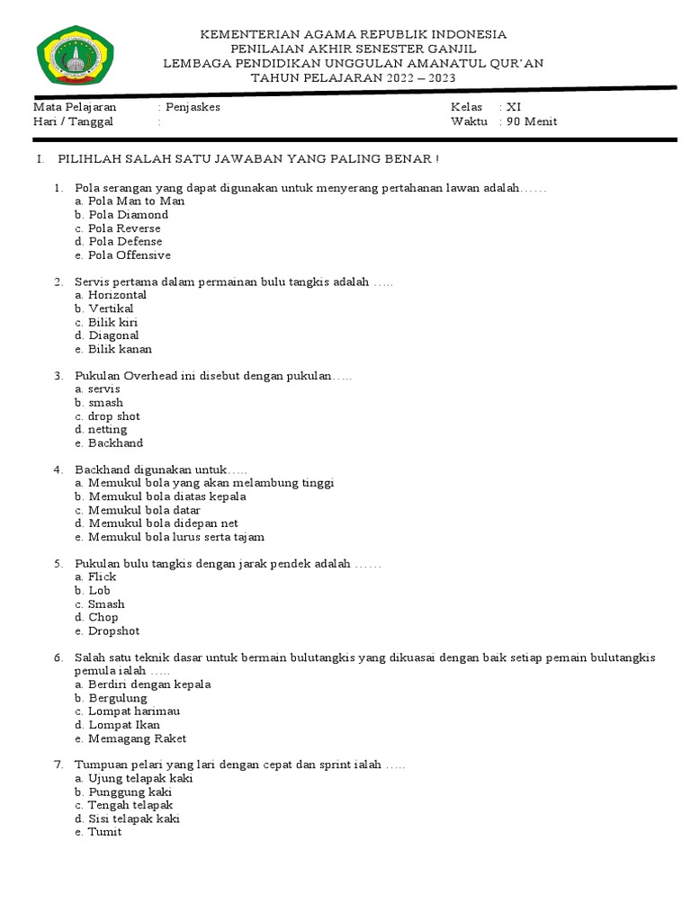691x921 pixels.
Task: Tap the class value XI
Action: [514, 107]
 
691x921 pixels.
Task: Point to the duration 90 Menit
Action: [531, 121]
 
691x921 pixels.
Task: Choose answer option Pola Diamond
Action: [128, 215]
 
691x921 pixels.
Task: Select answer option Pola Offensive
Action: [130, 255]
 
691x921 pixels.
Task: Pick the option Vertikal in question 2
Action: [111, 308]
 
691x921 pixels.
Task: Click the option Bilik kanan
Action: [120, 349]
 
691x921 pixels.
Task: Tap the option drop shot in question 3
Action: [114, 416]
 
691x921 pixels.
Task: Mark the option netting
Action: [108, 430]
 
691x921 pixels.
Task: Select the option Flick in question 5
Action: [103, 577]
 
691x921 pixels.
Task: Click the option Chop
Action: [103, 617]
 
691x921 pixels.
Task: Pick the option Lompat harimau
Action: [130, 711]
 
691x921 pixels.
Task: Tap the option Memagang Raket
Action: [137, 738]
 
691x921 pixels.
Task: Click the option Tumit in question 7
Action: [104, 832]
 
